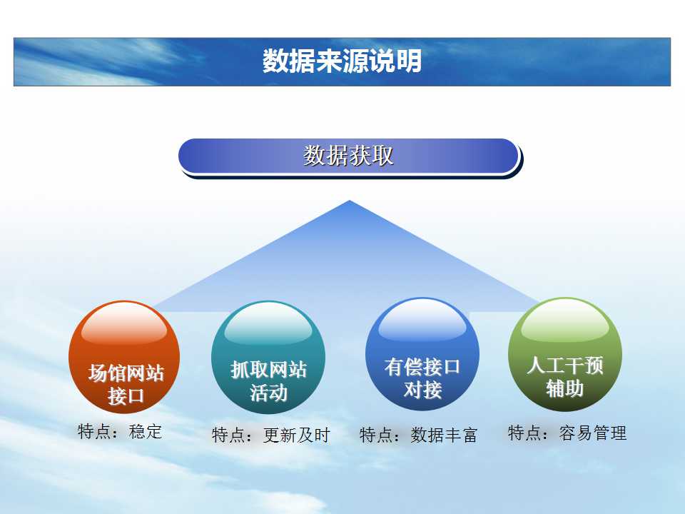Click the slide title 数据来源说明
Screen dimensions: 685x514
tap(342, 61)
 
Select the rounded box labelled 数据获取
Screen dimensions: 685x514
tap(349, 156)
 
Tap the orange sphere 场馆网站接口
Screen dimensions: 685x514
tap(124, 357)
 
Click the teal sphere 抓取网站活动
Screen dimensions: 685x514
tap(268, 357)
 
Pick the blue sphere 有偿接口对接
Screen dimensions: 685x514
tap(422, 355)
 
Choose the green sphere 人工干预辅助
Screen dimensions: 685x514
tap(565, 355)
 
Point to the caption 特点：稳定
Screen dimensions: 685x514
tap(120, 431)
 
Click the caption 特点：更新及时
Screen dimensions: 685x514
tap(271, 435)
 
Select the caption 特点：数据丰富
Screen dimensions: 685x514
tap(419, 435)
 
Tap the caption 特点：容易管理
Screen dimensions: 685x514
tap(567, 433)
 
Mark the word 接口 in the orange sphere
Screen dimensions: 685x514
tap(126, 396)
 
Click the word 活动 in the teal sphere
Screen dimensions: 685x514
tap(269, 393)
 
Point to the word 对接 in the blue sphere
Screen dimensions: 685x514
tap(422, 390)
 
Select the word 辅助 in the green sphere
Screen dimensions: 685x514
tap(565, 388)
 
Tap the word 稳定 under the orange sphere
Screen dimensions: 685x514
tap(146, 431)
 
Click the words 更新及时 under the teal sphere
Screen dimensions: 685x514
tap(297, 435)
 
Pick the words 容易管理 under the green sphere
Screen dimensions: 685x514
tap(593, 433)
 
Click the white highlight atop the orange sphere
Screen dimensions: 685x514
tap(124, 323)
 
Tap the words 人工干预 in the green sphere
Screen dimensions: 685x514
tap(565, 366)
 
